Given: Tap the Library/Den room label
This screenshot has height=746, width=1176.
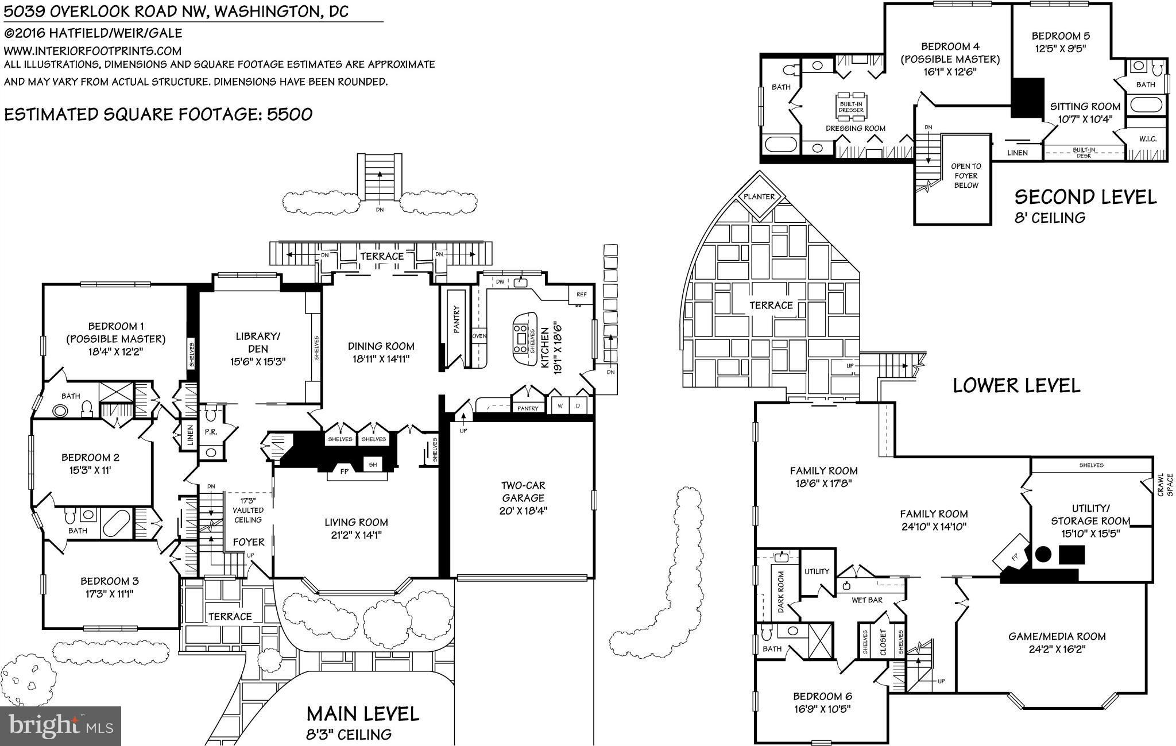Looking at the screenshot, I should [258, 342].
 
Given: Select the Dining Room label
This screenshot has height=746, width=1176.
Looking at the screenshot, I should [381, 346].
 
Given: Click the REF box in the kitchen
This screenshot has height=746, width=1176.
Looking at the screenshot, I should [581, 295].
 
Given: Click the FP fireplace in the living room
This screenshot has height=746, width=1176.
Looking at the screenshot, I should [345, 471].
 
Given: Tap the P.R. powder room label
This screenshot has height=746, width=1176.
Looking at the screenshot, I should [211, 432].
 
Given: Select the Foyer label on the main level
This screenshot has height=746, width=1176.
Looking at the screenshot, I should [249, 542].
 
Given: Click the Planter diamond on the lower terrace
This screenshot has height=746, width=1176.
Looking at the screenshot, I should [759, 196].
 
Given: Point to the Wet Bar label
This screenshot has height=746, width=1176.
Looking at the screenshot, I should [867, 600].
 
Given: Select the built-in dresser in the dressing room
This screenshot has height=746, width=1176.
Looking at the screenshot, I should [851, 106].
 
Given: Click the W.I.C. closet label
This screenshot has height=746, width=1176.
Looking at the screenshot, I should [1147, 139].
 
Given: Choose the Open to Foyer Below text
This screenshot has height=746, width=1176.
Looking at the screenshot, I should [966, 176].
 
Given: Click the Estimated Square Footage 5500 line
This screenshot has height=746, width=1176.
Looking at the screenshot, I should [158, 114].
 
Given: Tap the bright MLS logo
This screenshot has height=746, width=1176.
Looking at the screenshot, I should [61, 725].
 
